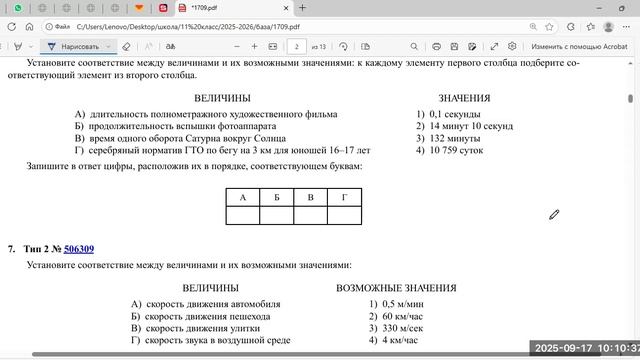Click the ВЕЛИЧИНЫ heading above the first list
[x=222, y=98]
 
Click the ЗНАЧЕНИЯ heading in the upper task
[x=464, y=98]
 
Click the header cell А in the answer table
[x=242, y=197]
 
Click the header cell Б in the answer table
[x=276, y=197]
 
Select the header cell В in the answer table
[x=310, y=197]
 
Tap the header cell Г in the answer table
[x=344, y=197]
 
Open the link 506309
[x=79, y=248]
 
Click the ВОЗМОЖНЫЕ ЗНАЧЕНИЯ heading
[x=383, y=288]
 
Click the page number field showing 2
[x=296, y=46]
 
